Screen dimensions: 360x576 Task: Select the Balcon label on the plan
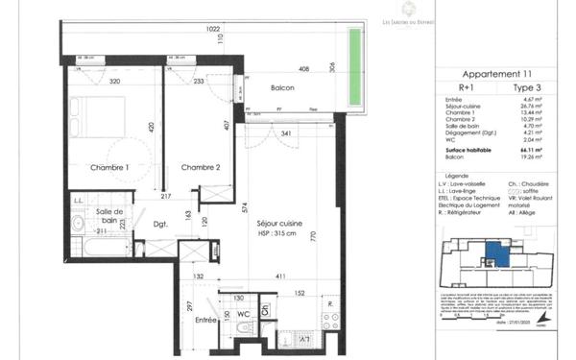(x=282, y=88)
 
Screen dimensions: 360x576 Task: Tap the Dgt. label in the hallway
(x=159, y=225)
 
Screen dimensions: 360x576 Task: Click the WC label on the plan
(x=245, y=312)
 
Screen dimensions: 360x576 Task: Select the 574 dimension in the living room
(x=247, y=206)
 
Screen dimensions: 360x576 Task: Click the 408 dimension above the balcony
(x=303, y=69)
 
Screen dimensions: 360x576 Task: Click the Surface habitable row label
(x=468, y=151)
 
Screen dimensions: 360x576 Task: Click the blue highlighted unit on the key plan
(x=492, y=253)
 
